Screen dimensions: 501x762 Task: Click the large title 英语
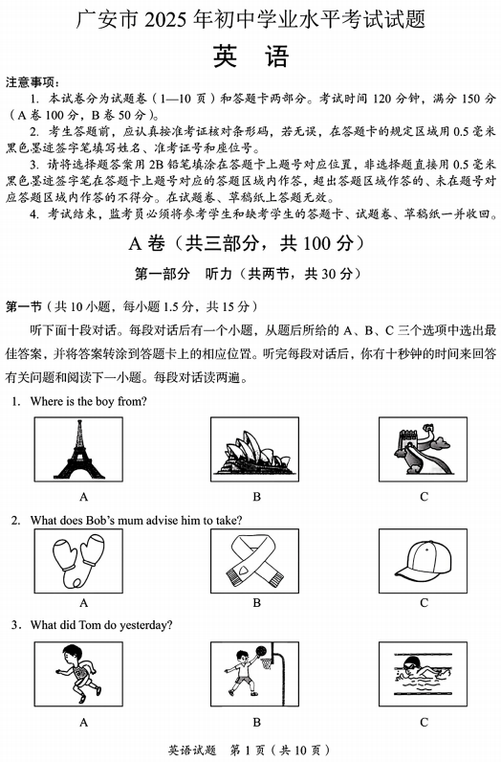(x=250, y=56)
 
